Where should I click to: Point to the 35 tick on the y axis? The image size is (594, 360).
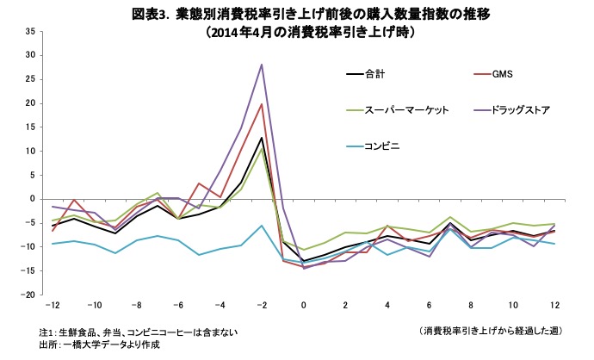[29, 31]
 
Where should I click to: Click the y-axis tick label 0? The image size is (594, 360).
[32, 199]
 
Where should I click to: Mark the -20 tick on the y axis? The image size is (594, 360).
[28, 295]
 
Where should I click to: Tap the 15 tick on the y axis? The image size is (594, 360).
[29, 127]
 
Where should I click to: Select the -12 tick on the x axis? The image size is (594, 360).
[53, 305]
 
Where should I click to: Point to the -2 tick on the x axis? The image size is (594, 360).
[261, 305]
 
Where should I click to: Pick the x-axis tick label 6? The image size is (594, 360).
[428, 305]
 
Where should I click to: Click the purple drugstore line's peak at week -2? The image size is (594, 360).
[261, 65]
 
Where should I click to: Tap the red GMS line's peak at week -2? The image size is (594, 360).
[261, 104]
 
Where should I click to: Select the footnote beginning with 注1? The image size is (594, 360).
[138, 332]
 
